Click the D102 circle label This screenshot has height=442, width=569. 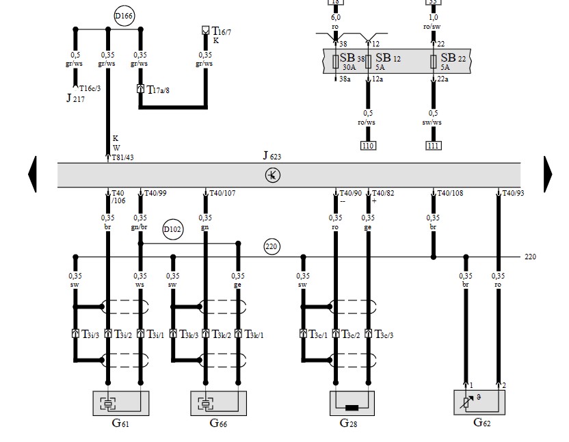pyautogui.click(x=173, y=230)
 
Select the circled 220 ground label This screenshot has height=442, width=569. pyautogui.click(x=273, y=247)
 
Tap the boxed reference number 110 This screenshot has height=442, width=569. pyautogui.click(x=369, y=145)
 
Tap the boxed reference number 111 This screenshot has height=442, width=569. pyautogui.click(x=434, y=145)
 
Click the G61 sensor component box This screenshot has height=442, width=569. pyautogui.click(x=120, y=403)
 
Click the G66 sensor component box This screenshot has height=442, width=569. pyautogui.click(x=218, y=403)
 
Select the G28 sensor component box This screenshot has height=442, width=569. pyautogui.click(x=353, y=403)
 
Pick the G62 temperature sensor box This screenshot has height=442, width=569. pyautogui.click(x=480, y=402)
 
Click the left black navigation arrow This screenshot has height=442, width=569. pyautogui.click(x=32, y=174)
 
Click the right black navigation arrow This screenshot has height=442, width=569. pyautogui.click(x=547, y=174)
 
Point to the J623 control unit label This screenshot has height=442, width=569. pyautogui.click(x=272, y=156)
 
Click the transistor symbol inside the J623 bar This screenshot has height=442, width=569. pyautogui.click(x=273, y=175)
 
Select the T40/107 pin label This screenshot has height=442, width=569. pyautogui.click(x=222, y=194)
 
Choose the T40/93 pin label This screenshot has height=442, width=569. pyautogui.click(x=513, y=194)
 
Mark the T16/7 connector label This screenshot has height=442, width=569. pyautogui.click(x=221, y=31)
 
